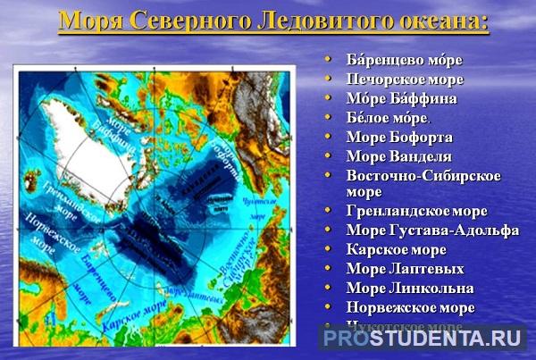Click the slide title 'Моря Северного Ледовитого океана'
(x=273, y=20)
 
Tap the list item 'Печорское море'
(x=405, y=80)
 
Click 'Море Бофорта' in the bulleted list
(x=399, y=137)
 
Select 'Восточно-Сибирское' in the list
(x=423, y=175)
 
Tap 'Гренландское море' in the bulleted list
(x=416, y=211)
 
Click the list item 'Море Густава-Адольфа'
(x=432, y=230)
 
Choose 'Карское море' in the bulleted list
(x=396, y=249)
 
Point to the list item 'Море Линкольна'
(x=410, y=288)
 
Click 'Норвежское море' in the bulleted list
(x=410, y=307)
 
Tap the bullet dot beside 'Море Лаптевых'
(x=327, y=268)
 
